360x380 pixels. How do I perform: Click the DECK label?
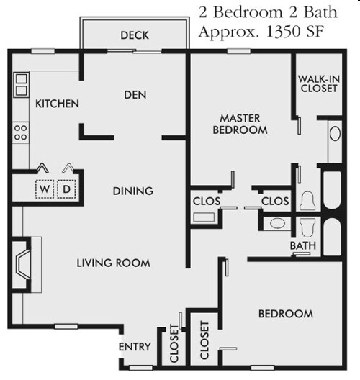click(x=135, y=35)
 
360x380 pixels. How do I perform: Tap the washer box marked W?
click(x=45, y=189)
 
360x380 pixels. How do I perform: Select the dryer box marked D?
click(x=66, y=189)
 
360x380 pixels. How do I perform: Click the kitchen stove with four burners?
click(x=21, y=132)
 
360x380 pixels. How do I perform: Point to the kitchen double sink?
click(x=22, y=84)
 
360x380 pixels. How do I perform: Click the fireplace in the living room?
click(x=22, y=265)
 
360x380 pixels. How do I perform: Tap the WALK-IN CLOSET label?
click(x=318, y=84)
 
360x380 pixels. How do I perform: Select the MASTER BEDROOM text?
click(x=240, y=124)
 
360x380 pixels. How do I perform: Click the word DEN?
click(x=135, y=95)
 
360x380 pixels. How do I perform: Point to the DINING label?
click(x=133, y=191)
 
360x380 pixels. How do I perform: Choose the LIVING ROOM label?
click(x=114, y=263)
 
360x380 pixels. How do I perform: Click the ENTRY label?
click(x=135, y=347)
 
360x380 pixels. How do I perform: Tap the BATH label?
click(x=303, y=245)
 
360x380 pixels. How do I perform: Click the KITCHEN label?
click(x=57, y=104)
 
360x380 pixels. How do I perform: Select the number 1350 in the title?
click(x=283, y=32)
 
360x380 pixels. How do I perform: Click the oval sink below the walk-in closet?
click(x=335, y=134)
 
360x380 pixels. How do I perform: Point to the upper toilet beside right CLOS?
click(x=307, y=201)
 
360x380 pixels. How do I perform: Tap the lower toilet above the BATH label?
click(x=307, y=227)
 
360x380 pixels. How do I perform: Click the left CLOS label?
click(x=207, y=201)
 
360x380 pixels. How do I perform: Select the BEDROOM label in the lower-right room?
click(x=286, y=314)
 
